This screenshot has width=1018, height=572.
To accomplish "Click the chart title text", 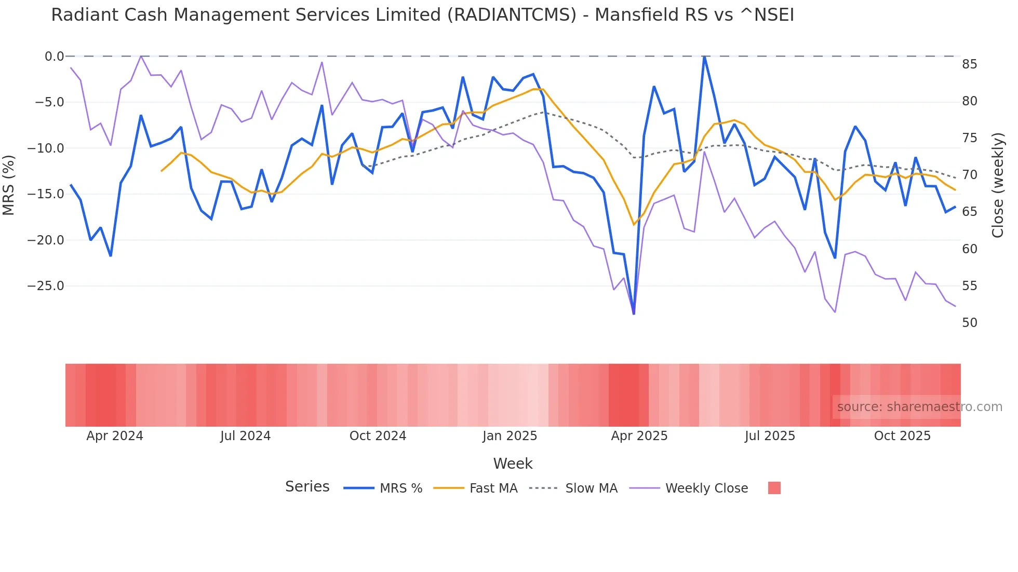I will click(x=422, y=15).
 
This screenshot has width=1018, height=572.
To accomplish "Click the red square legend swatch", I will click(x=774, y=488).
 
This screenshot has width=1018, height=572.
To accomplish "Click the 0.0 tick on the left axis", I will click(x=54, y=57).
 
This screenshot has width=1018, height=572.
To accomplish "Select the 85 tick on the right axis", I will click(x=969, y=64).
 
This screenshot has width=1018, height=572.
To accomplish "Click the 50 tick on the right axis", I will click(x=969, y=323).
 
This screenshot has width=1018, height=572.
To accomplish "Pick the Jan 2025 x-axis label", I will click(x=510, y=436).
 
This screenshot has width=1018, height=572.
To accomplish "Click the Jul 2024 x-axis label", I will click(x=245, y=436).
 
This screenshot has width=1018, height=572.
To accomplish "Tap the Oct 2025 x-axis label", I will click(x=902, y=436).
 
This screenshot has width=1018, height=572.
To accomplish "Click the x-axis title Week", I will click(x=513, y=464).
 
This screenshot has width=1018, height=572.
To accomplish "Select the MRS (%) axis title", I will click(x=9, y=185).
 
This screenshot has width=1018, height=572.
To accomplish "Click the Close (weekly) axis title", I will click(x=997, y=185).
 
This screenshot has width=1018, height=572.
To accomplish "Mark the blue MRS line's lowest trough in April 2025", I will click(x=634, y=314).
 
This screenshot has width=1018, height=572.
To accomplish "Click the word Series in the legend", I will click(x=307, y=487).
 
